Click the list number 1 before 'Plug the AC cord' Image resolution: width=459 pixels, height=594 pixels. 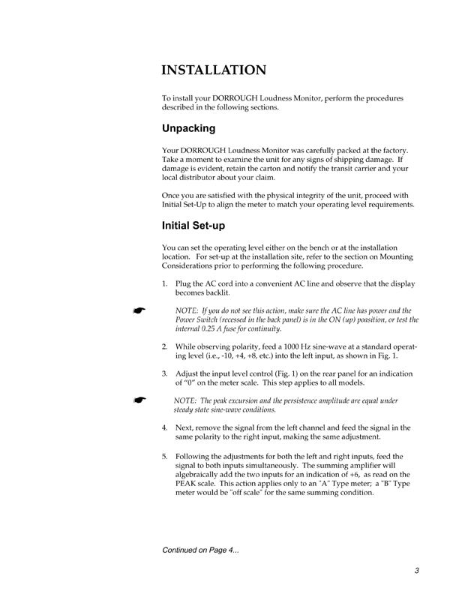point(165,283)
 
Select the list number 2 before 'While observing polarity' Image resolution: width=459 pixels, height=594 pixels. point(165,347)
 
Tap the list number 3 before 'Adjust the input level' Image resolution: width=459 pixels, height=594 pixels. point(165,373)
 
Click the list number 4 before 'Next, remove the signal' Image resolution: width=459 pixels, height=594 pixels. point(165,428)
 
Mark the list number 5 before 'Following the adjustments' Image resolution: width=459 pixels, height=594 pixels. point(165,456)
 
